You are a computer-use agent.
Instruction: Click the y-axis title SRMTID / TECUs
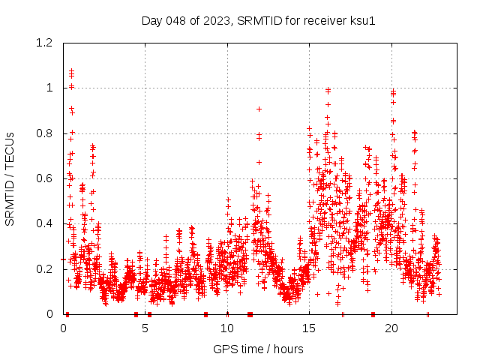point(10,179)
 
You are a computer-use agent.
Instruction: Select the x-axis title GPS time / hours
point(257,349)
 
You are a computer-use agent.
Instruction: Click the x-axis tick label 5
point(145,328)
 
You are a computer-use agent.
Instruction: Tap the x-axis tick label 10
point(227,328)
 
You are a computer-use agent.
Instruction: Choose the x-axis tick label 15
point(309,328)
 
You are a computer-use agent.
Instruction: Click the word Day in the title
point(152,20)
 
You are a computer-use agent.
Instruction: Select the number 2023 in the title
point(215,20)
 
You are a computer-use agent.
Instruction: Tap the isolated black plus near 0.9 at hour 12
point(259,109)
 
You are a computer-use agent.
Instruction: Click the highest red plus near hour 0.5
point(71,70)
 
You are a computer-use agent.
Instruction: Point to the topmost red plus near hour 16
point(328,91)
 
